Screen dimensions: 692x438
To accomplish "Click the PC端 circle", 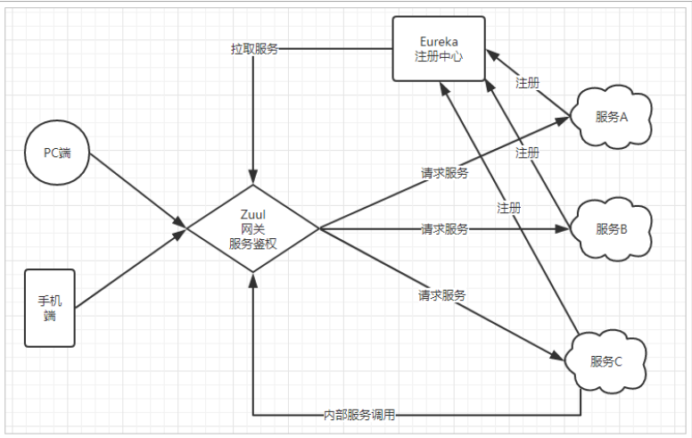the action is [58, 153].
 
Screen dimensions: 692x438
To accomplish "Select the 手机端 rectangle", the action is [50, 308].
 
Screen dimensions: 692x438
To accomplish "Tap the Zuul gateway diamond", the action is [254, 229].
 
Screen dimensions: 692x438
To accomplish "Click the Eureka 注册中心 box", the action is [440, 50].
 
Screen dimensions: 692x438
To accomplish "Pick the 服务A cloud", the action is [612, 117].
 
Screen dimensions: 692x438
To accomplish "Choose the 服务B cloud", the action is [612, 228].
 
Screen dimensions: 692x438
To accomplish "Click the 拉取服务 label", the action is [254, 48].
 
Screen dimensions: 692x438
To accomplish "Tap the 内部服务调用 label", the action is [359, 416].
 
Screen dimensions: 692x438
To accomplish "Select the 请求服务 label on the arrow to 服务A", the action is [445, 172].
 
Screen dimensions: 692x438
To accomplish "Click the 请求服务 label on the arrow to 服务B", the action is [445, 229].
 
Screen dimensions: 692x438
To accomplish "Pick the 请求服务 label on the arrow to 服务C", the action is [442, 293].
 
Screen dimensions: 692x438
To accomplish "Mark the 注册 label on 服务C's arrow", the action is [509, 208].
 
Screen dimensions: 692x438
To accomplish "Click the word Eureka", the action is [440, 41].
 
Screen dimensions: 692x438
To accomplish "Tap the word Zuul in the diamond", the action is [254, 214].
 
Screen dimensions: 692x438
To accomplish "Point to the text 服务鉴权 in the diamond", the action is [254, 244].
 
